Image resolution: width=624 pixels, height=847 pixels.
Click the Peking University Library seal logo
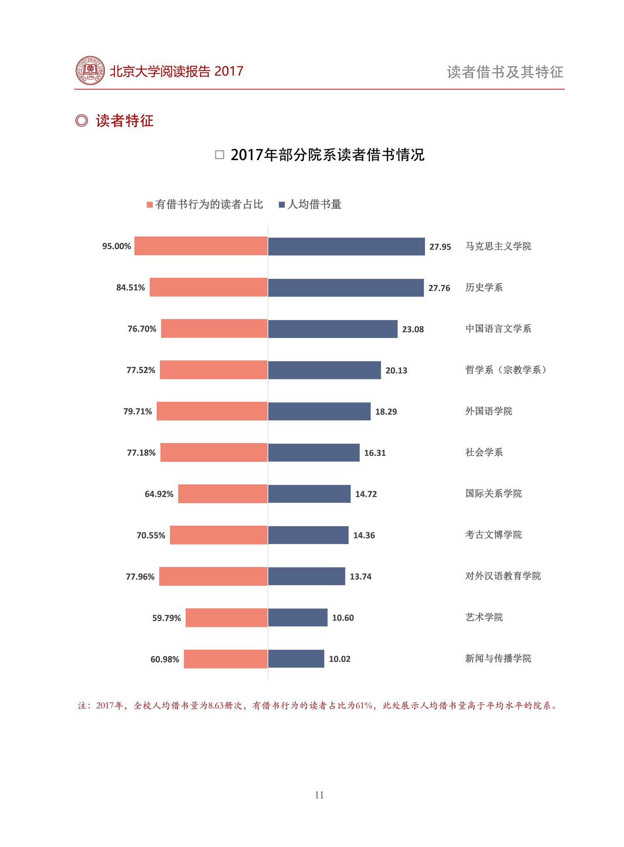pyautogui.click(x=90, y=70)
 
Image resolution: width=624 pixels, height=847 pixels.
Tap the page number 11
pyautogui.click(x=319, y=795)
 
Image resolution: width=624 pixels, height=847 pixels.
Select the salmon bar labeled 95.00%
pyautogui.click(x=201, y=246)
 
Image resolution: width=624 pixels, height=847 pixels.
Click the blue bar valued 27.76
pyautogui.click(x=346, y=288)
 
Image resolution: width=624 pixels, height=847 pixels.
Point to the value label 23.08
pyautogui.click(x=413, y=329)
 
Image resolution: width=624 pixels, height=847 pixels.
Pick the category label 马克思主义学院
pyautogui.click(x=498, y=246)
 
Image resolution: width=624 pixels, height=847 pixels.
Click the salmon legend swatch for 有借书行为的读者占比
pyautogui.click(x=150, y=205)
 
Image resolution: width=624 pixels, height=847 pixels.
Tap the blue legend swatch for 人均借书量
pyautogui.click(x=282, y=205)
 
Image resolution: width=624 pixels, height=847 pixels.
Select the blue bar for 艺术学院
pyautogui.click(x=297, y=617)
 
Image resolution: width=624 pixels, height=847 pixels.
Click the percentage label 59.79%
pyautogui.click(x=166, y=618)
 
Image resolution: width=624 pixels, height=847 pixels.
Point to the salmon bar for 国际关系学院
pyautogui.click(x=223, y=494)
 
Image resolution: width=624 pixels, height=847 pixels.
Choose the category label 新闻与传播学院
pyautogui.click(x=498, y=659)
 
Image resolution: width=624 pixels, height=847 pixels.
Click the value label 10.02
pyautogui.click(x=339, y=659)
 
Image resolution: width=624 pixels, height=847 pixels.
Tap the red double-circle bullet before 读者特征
pyautogui.click(x=82, y=121)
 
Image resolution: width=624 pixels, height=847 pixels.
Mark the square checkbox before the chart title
pyautogui.click(x=219, y=155)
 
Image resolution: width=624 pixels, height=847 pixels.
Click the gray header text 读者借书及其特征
pyautogui.click(x=505, y=72)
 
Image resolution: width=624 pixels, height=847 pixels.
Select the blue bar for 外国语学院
pyautogui.click(x=319, y=411)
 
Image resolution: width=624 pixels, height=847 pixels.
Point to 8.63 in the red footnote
pyautogui.click(x=216, y=706)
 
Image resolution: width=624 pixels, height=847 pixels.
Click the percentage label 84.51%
pyautogui.click(x=130, y=287)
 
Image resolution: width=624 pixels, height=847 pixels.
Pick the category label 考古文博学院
pyautogui.click(x=493, y=535)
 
